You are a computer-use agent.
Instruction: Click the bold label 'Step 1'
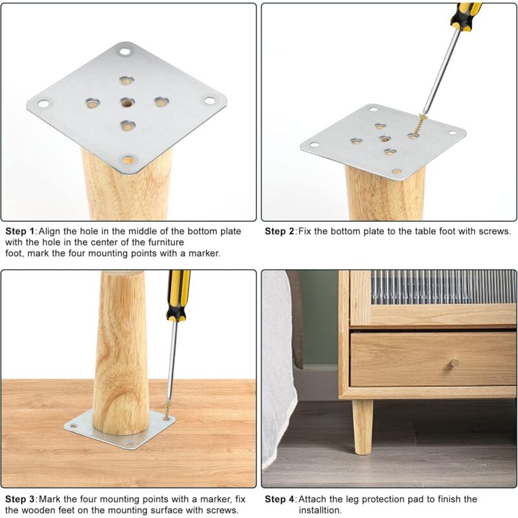coord(19,231)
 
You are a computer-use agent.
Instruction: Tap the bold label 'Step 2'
coord(279,231)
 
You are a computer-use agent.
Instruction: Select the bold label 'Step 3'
coord(19,499)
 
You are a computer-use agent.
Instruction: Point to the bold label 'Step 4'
coord(279,499)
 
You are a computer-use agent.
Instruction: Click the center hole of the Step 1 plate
coord(126,102)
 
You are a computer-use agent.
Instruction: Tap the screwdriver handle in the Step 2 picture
coord(466,14)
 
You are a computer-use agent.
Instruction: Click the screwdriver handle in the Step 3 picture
coord(178,295)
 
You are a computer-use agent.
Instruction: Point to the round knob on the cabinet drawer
coord(455,362)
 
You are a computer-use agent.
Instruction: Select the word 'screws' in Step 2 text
coord(495,231)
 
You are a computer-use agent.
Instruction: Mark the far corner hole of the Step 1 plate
coord(124,50)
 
